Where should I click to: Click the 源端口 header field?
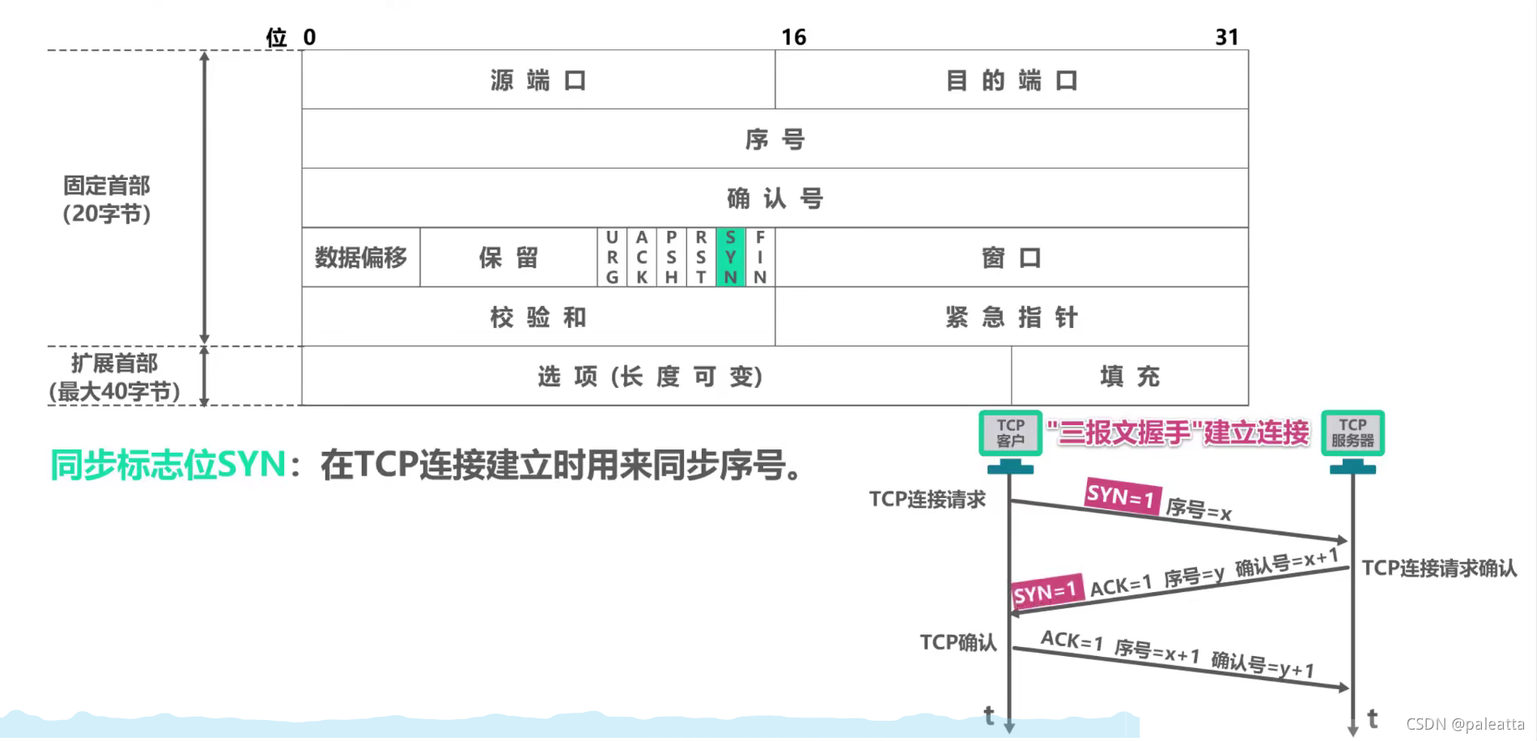pyautogui.click(x=538, y=80)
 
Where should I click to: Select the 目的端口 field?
pyautogui.click(x=1011, y=80)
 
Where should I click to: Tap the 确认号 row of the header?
pyautogui.click(x=775, y=198)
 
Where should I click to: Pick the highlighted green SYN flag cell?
pyautogui.click(x=730, y=258)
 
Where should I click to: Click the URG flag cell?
pyautogui.click(x=612, y=258)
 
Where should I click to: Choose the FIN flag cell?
pyautogui.click(x=760, y=258)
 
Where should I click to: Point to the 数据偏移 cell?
pyautogui.click(x=361, y=258)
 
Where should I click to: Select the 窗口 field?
pyautogui.click(x=1011, y=258)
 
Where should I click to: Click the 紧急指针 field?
pyautogui.click(x=1011, y=317)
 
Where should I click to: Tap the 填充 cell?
pyautogui.click(x=1129, y=376)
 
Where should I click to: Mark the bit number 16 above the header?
pyautogui.click(x=793, y=37)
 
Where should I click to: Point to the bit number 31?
pyautogui.click(x=1226, y=37)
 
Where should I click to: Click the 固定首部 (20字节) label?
pyautogui.click(x=107, y=199)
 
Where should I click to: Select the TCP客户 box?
pyautogui.click(x=1010, y=433)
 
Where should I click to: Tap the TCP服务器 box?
pyautogui.click(x=1352, y=433)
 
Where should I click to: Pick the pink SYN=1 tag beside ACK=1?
pyautogui.click(x=1046, y=592)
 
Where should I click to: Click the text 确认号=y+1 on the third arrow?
pyautogui.click(x=1262, y=665)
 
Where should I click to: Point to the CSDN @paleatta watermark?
pyautogui.click(x=1465, y=724)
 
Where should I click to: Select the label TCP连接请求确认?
pyautogui.click(x=1439, y=569)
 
